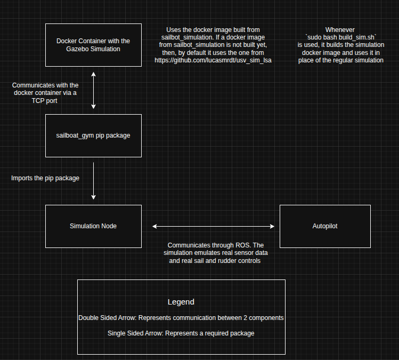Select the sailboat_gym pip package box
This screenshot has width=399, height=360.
[93, 135]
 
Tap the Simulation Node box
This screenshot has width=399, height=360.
[93, 226]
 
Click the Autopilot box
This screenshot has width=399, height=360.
[324, 226]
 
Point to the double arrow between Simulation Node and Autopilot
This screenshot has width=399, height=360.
[213, 227]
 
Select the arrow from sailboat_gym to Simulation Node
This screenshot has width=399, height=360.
[93, 181]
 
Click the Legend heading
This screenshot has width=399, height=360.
[181, 302]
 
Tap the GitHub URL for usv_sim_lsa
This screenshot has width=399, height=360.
[213, 60]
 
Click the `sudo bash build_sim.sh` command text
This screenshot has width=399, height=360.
[341, 37]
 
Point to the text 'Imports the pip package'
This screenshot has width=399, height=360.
[45, 178]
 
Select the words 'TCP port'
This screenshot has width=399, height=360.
[45, 101]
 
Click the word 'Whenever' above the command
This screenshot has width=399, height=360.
[340, 29]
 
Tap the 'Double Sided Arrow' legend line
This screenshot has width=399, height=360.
[181, 317]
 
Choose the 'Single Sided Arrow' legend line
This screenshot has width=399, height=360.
[181, 333]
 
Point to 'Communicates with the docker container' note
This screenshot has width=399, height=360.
[45, 89]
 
